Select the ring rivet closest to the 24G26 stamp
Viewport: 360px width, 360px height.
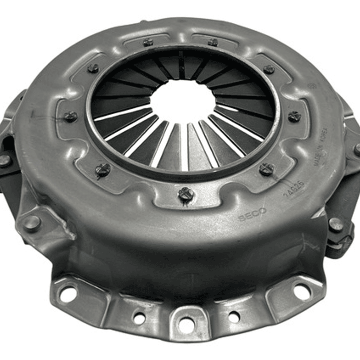(x=266, y=169)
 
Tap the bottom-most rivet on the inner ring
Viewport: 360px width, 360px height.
(x=186, y=193)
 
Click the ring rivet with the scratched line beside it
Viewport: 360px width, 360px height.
(x=70, y=117)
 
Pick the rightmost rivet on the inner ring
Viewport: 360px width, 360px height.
(x=294, y=117)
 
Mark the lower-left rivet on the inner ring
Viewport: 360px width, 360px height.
(x=103, y=170)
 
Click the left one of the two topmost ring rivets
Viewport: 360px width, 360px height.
(x=148, y=42)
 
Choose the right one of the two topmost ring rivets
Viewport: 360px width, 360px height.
(x=213, y=42)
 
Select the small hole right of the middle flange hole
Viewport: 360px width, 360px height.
(x=233, y=316)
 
